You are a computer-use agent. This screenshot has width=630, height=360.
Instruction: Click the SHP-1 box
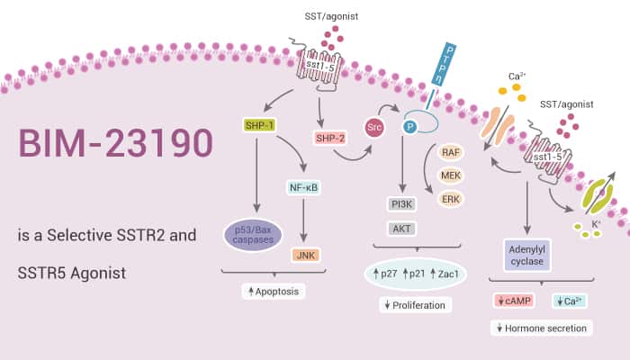click(258, 123)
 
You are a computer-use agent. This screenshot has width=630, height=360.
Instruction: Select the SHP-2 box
click(329, 137)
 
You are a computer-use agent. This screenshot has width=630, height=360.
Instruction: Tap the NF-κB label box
click(306, 188)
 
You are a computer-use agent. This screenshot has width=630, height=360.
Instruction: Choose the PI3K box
click(400, 203)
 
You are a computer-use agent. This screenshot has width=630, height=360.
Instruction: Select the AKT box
click(400, 229)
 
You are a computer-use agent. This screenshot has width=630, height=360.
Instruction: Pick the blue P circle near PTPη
click(410, 128)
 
